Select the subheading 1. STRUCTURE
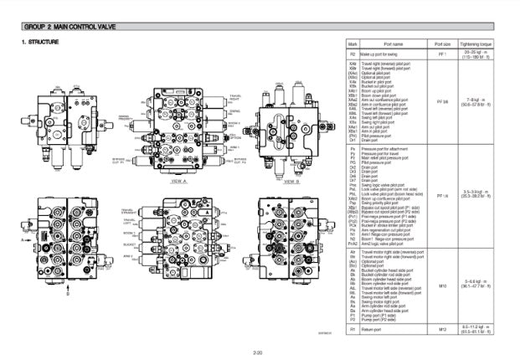pyautogui.click(x=40, y=42)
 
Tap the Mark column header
pyautogui.click(x=353, y=44)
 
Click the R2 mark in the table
pyautogui.click(x=353, y=54)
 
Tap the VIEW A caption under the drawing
pyautogui.click(x=178, y=180)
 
